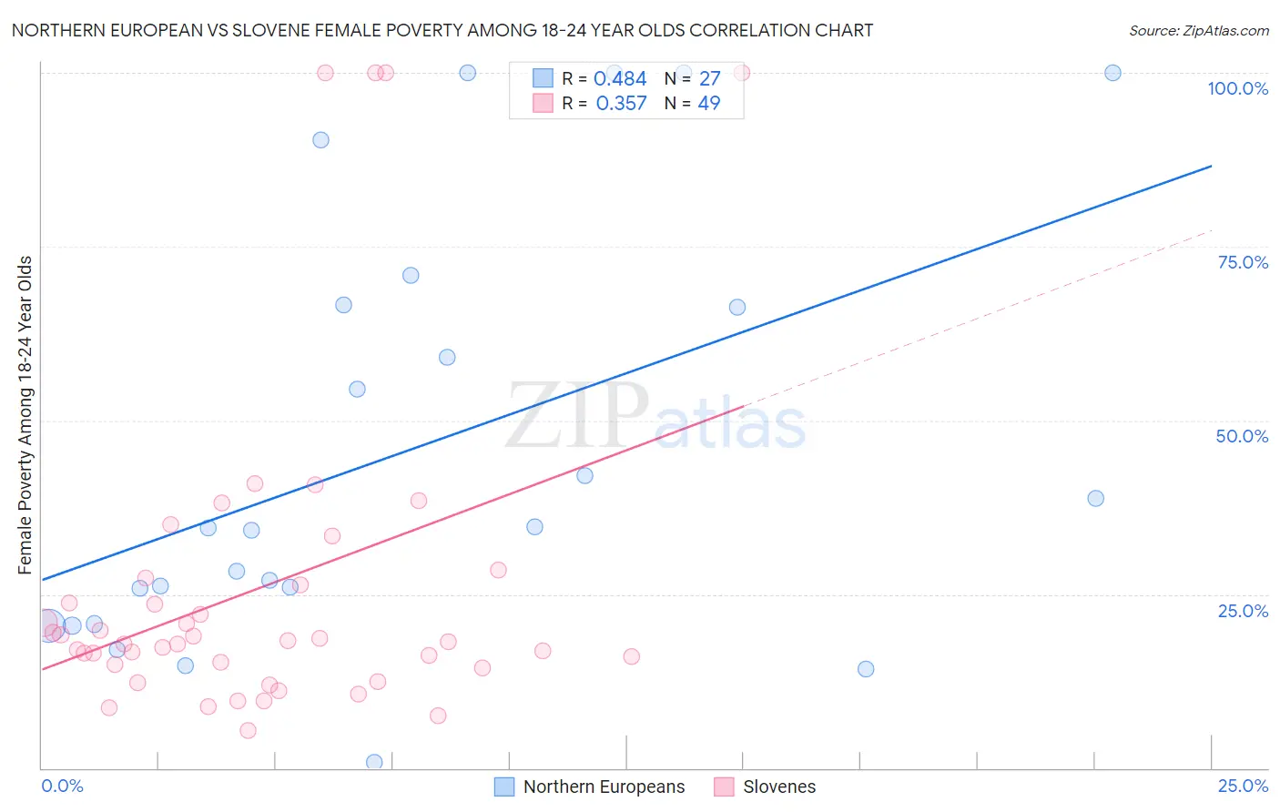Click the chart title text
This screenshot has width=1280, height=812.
[x=442, y=30]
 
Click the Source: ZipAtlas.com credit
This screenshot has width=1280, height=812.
[x=1198, y=30]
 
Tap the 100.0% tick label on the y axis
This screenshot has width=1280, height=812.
[x=1237, y=88]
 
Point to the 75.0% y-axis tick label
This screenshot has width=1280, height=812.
[x=1243, y=262]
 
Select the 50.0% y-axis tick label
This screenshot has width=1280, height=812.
[x=1242, y=436]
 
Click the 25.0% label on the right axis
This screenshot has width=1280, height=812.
[x=1243, y=611]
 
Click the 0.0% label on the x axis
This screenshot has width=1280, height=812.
[x=62, y=786]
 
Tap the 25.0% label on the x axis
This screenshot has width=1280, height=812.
[x=1243, y=786]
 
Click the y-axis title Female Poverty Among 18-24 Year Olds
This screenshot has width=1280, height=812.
[x=25, y=415]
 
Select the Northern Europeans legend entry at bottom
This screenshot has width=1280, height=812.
[x=604, y=787]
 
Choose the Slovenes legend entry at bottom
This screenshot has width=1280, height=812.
[x=778, y=787]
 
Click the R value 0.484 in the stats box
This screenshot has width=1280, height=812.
[x=620, y=79]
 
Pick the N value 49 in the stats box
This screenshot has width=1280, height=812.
[x=708, y=104]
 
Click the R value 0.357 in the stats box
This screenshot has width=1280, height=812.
[x=621, y=104]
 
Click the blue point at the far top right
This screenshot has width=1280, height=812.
[x=1112, y=73]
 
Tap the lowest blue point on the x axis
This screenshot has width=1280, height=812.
[x=374, y=762]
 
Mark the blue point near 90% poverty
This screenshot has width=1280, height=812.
[x=320, y=140]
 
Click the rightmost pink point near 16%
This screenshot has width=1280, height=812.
[x=631, y=656]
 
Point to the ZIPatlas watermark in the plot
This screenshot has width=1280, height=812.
[x=655, y=417]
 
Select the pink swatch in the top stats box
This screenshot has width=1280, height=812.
[x=543, y=103]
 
